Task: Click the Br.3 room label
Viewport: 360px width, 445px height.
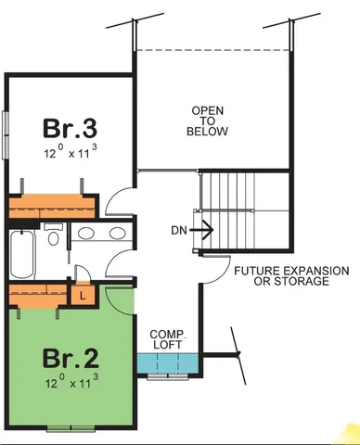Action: tap(71, 126)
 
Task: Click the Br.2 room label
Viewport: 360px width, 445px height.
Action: tap(71, 356)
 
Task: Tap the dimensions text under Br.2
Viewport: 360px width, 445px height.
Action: tap(71, 380)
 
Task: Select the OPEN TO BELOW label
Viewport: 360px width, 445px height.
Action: tap(208, 121)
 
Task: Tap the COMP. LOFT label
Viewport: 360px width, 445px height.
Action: tap(168, 338)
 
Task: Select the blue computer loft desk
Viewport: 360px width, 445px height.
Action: tap(168, 363)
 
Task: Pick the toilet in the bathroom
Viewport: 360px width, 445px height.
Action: tap(53, 237)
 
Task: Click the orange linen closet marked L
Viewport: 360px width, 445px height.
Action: tap(83, 294)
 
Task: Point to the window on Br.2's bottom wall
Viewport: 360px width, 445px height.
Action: tap(72, 427)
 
